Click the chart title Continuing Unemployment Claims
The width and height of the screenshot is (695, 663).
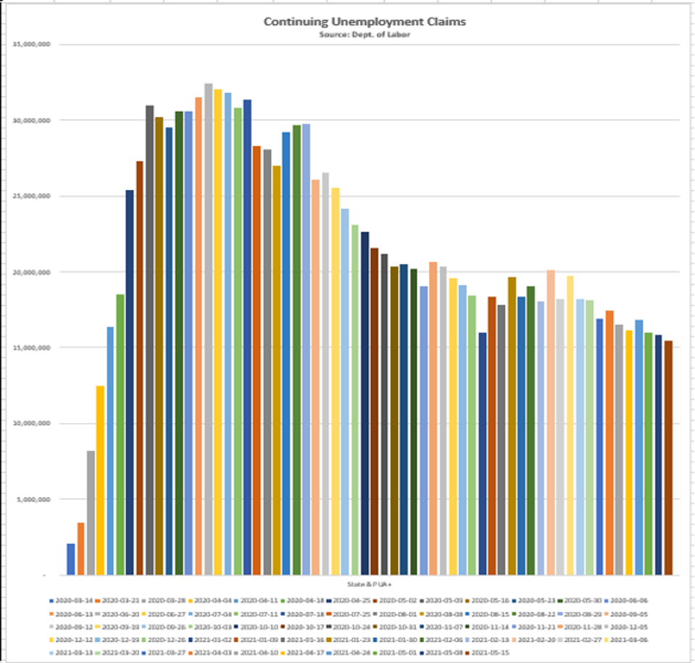coord(365,22)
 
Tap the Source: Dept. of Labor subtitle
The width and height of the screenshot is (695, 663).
coord(365,34)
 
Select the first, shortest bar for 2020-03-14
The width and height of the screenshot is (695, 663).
coord(71,559)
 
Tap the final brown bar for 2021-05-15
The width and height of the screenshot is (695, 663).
coord(668,458)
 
